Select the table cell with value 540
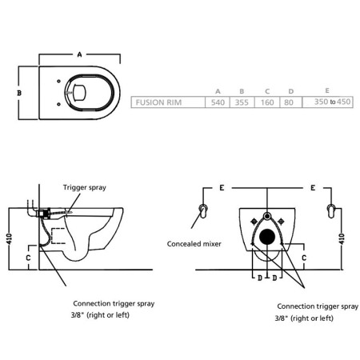(218, 102)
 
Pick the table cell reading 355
(241, 102)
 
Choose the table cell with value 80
(290, 102)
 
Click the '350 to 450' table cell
(332, 102)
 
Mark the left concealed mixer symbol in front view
(202, 210)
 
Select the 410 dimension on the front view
(342, 238)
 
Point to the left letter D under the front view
(259, 278)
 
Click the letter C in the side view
(28, 258)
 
